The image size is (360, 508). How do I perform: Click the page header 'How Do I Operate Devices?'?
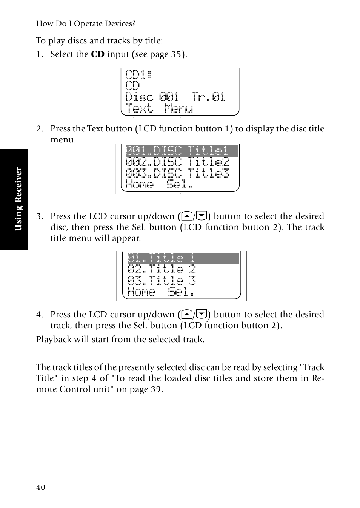pos(86,23)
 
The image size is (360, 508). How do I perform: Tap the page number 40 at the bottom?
pos(41,487)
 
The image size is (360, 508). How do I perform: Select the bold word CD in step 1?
pos(98,54)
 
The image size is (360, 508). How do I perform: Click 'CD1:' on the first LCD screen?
pos(138,74)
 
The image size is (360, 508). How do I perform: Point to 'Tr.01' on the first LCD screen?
pos(208,97)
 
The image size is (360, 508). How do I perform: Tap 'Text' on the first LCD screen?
pos(140,108)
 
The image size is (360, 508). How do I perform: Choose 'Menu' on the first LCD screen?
pos(179,108)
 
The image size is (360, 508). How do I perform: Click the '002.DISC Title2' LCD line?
pos(177,162)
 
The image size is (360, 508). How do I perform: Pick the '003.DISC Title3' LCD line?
pos(177,173)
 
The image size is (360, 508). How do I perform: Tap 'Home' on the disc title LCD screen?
pos(140,185)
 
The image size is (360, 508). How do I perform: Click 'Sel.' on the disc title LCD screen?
pos(180,185)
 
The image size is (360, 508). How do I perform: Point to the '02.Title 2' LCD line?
pos(162,270)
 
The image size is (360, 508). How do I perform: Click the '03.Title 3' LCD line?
pos(162,281)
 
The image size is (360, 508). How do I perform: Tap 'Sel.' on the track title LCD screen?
pos(181,292)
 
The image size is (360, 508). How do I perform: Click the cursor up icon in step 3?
pos(186,216)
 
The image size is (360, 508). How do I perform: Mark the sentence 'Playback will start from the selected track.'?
pos(120,339)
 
